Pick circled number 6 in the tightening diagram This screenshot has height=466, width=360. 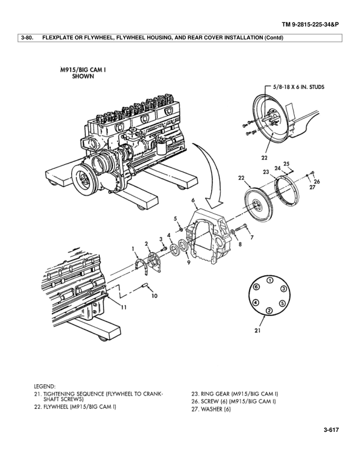coord(256,287)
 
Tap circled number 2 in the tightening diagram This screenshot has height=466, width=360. coord(269,310)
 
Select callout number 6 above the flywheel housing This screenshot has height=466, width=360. coord(192,201)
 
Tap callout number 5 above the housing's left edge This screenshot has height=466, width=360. coord(175,219)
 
